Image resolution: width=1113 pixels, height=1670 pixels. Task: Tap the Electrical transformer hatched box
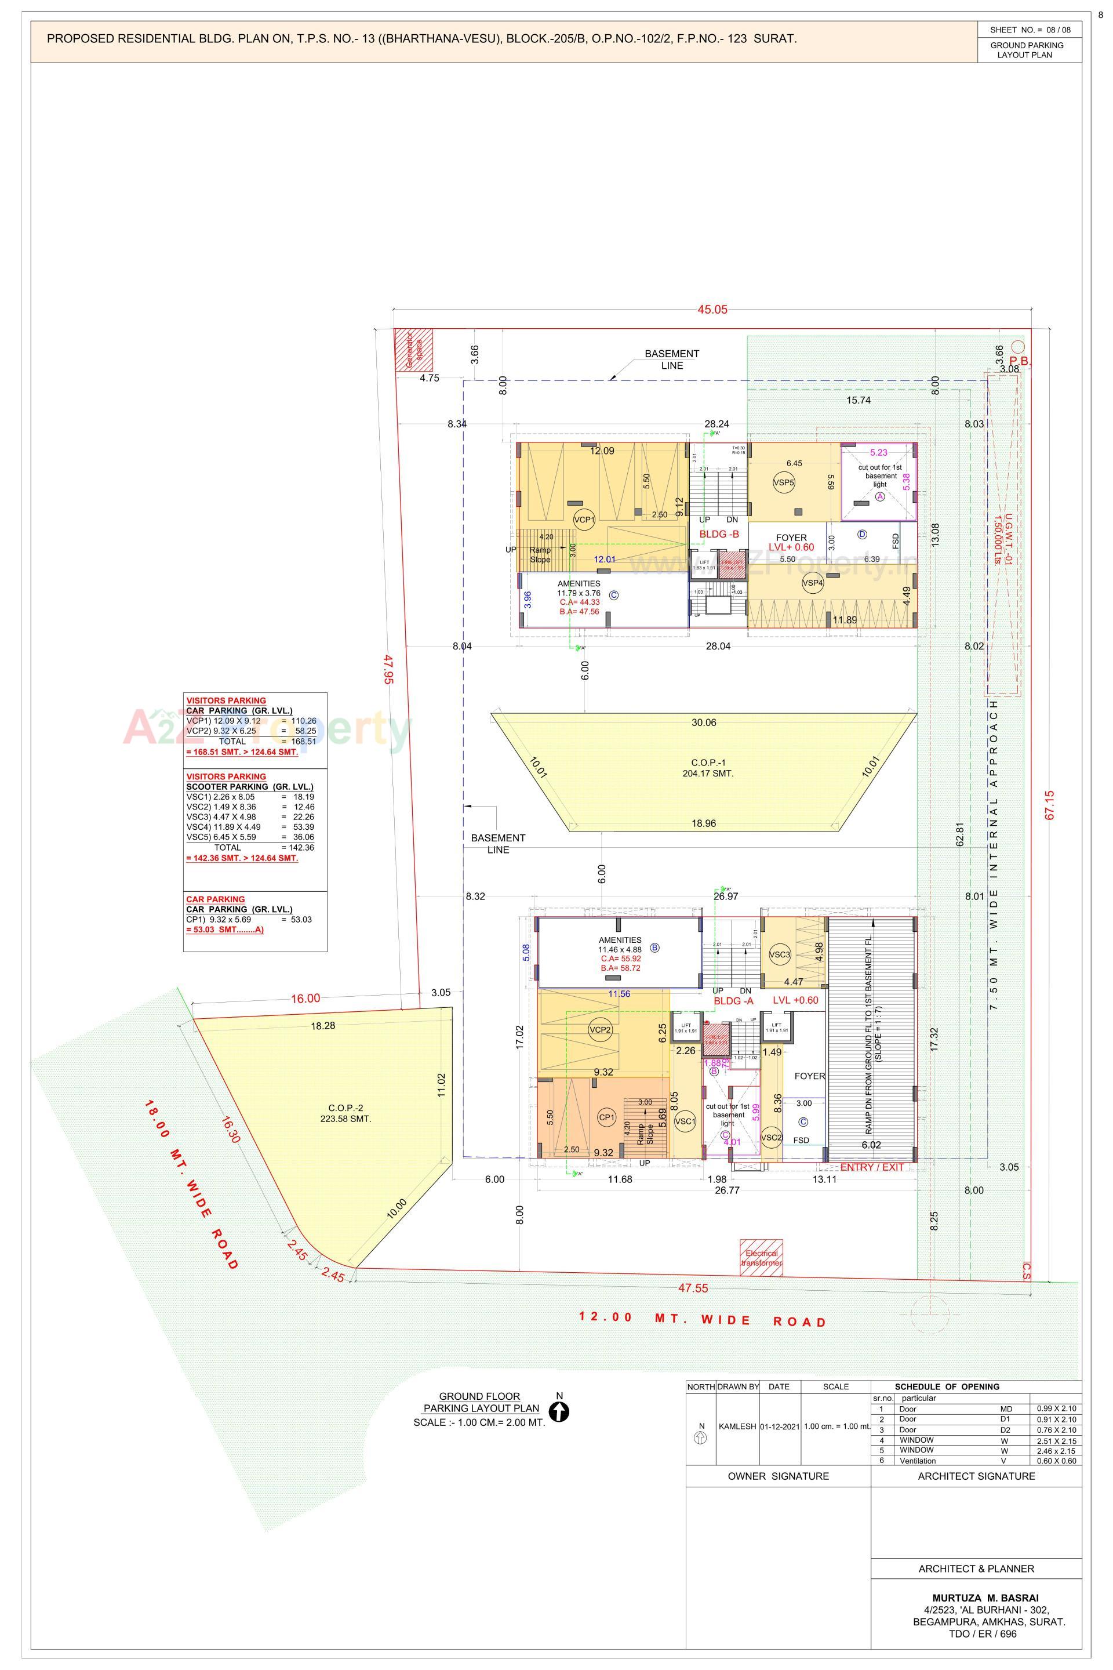coord(762,1258)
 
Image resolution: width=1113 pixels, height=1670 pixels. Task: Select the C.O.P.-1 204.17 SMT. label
coord(703,768)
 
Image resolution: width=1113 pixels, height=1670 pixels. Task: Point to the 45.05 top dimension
coord(712,310)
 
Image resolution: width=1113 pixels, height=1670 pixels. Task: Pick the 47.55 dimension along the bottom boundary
coord(693,1288)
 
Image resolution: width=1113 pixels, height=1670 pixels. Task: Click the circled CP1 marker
coord(606,1117)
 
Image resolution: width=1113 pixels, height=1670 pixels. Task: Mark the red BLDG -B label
coord(719,534)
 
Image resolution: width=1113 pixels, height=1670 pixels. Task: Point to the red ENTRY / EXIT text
coord(872,1167)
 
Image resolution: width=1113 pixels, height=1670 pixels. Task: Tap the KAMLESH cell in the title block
coord(737,1426)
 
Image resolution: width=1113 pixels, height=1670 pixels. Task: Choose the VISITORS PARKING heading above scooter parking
coord(225,776)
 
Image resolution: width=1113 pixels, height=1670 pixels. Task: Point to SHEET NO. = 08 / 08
coord(1030,30)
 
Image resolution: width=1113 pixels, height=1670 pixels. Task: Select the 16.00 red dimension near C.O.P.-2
coord(305,999)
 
